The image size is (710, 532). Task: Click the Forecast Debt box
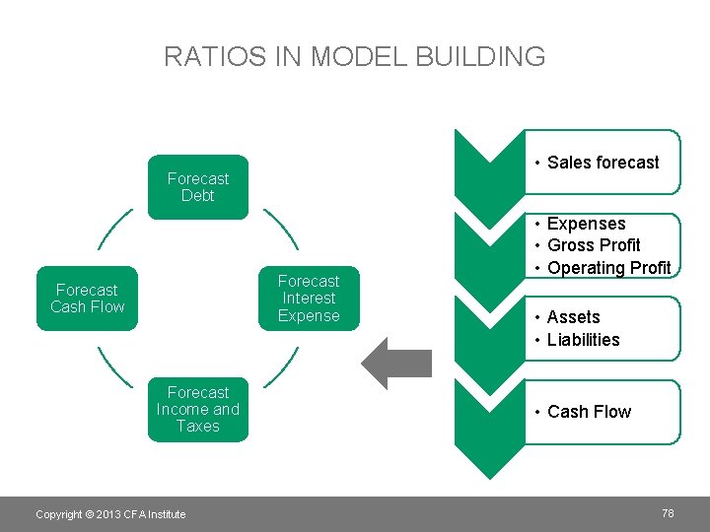[x=197, y=187]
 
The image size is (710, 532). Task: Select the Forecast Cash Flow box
[x=87, y=299]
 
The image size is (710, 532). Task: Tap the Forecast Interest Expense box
[x=309, y=299]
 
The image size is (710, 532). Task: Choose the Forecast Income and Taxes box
[x=197, y=409]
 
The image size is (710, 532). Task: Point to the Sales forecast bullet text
[x=603, y=163]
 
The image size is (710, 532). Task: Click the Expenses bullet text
[x=586, y=224]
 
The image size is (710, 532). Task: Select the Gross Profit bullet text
[x=594, y=245]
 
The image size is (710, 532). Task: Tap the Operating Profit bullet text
[x=608, y=268]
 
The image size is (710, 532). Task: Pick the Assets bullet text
[x=573, y=317]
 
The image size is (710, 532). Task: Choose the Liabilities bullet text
[x=583, y=340]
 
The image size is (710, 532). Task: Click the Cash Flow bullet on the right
[x=589, y=412]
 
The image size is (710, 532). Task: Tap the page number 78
[x=668, y=513]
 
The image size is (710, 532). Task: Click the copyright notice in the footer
[x=110, y=514]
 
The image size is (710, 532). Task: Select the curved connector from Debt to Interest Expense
[x=281, y=229]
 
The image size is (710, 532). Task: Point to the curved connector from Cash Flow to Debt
[x=114, y=229]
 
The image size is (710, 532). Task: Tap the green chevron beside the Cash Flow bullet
[x=488, y=414]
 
